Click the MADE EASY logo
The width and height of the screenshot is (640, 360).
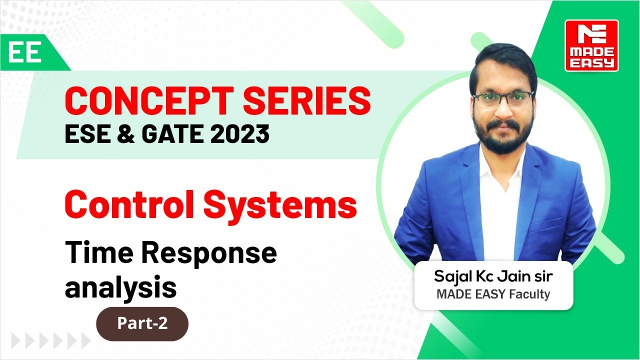(591, 45)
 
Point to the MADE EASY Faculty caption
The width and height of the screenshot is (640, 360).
(493, 294)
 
